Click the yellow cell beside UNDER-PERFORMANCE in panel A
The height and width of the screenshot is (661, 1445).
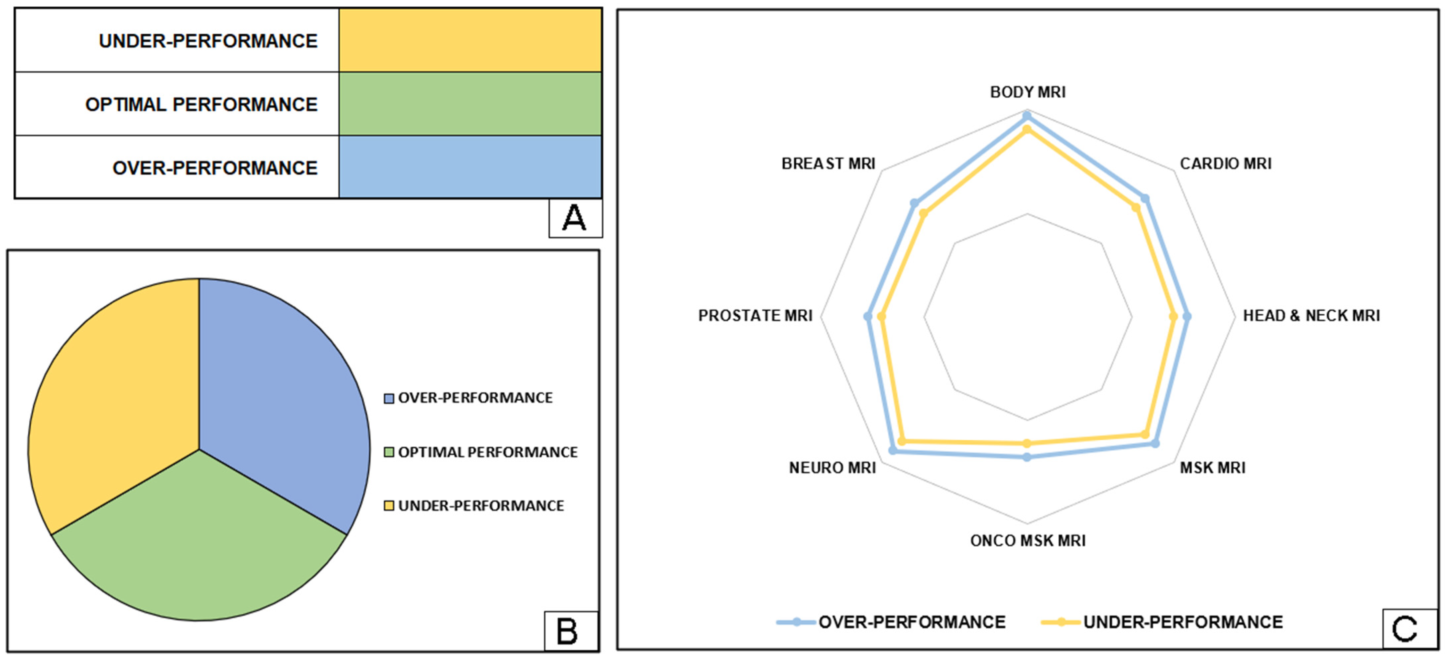tap(470, 40)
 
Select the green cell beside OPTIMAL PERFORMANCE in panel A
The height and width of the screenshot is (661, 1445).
tap(470, 104)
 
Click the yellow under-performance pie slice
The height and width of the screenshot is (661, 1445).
tap(112, 393)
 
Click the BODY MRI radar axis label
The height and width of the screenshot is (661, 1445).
tap(1028, 92)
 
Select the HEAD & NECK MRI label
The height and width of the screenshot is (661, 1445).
tap(1311, 316)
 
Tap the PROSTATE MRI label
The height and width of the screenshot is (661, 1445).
tap(755, 316)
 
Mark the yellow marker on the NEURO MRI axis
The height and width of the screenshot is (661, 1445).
tap(901, 442)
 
